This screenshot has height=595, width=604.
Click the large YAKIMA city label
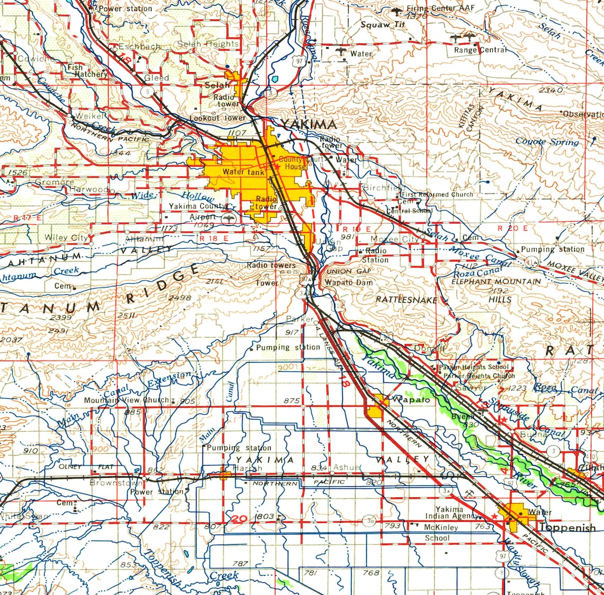click(308, 125)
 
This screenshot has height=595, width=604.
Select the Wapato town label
click(411, 399)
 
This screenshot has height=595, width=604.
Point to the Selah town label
click(217, 85)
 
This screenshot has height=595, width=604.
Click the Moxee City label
click(394, 239)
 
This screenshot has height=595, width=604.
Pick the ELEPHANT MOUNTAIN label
click(496, 282)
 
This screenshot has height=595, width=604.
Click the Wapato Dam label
click(349, 283)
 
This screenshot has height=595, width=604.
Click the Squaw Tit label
click(383, 24)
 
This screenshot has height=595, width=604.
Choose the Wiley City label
click(66, 238)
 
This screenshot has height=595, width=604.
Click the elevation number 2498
click(179, 298)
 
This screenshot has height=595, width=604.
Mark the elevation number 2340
click(551, 90)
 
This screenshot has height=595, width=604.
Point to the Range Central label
click(480, 50)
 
